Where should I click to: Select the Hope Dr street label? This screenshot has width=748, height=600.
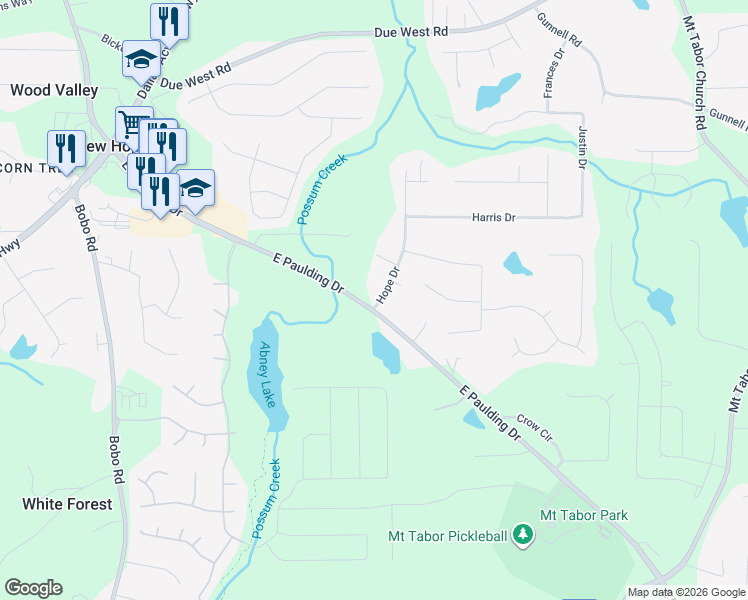point(388,285)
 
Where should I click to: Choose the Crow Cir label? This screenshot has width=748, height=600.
point(535,429)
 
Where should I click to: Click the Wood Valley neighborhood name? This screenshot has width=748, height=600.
point(54,90)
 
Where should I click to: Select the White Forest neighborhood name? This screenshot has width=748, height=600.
point(67,504)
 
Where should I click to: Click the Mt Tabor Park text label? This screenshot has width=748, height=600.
point(583,515)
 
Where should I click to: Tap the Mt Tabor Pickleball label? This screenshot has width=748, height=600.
point(446,537)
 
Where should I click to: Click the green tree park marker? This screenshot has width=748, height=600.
point(521,537)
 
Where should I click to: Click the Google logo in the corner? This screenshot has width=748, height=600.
point(33,588)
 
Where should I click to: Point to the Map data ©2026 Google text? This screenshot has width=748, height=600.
point(685,592)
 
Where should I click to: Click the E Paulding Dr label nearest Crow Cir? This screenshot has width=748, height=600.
point(488,413)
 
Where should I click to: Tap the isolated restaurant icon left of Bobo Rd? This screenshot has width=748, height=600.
point(66,149)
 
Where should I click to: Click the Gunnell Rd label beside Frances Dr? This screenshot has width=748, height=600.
point(559,29)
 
